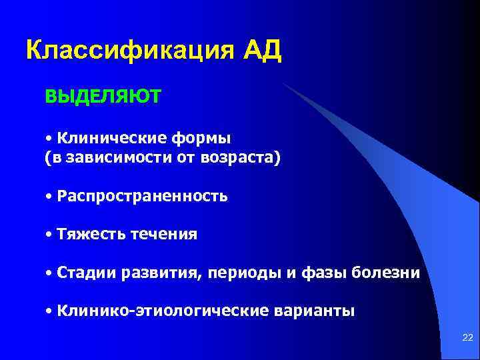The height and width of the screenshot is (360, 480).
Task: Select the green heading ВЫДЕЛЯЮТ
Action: click(x=103, y=97)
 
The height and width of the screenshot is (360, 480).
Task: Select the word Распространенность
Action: click(x=142, y=197)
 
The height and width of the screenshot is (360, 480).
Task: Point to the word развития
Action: click(x=153, y=273)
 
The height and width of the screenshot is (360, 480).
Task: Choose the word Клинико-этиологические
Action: click(x=164, y=311)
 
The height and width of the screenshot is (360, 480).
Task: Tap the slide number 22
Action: click(x=467, y=340)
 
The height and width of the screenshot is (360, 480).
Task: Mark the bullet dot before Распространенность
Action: click(x=50, y=197)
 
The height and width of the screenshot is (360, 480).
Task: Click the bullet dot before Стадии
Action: click(x=50, y=273)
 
